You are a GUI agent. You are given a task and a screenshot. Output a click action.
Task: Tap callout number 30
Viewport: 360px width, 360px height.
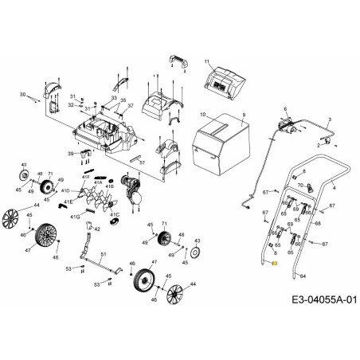23,94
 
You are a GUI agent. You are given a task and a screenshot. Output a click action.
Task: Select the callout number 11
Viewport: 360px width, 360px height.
207,61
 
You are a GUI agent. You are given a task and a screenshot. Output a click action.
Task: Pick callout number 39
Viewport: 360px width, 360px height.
70,152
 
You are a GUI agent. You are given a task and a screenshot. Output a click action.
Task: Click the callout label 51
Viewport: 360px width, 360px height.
102,253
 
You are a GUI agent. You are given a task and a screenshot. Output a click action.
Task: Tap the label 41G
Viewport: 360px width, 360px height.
75,216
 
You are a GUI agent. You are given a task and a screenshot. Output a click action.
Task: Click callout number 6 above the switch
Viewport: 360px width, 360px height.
284,108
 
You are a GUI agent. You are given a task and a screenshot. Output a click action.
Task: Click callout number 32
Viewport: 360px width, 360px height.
71,104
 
